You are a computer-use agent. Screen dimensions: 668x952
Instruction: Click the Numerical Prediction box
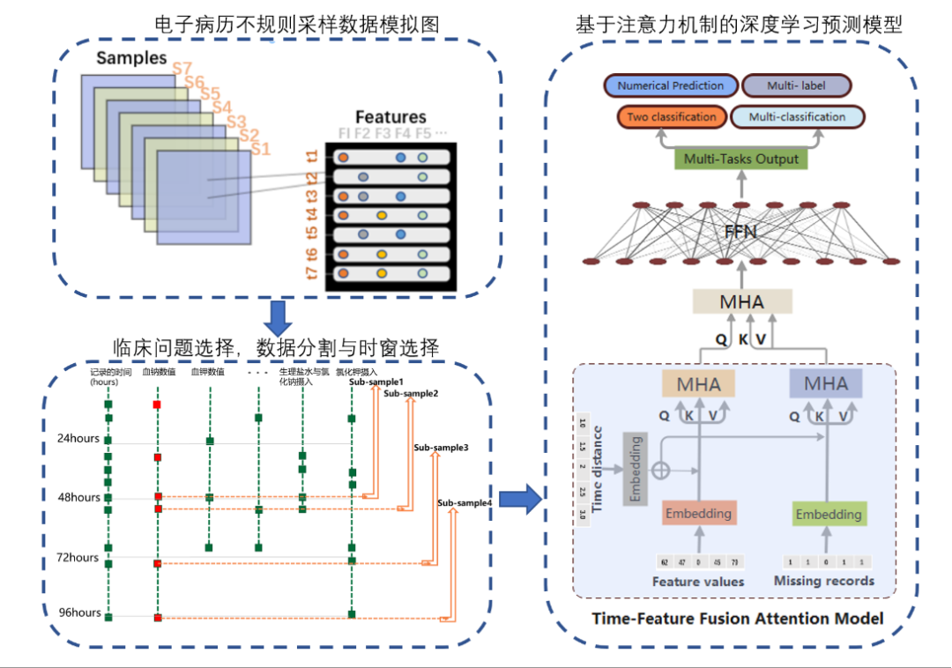[x=671, y=86]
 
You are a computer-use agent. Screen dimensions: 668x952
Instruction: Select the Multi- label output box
[x=797, y=86]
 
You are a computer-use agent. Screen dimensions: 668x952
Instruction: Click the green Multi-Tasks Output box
[x=740, y=160]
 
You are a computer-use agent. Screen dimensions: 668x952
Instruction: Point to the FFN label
[x=740, y=233]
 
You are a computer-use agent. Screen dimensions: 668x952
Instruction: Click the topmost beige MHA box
[x=741, y=302]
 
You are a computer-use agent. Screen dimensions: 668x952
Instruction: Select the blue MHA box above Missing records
[x=826, y=383]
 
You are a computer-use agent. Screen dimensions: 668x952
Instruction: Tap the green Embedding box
[x=829, y=515]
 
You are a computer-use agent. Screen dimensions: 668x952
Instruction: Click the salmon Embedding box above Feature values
[x=698, y=513]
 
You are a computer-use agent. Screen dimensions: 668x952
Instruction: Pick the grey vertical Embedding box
[x=634, y=469]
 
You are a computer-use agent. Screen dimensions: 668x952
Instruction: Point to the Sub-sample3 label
[x=441, y=448]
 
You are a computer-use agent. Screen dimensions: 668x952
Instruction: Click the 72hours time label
[x=78, y=558]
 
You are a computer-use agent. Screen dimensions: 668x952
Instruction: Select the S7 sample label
[x=182, y=68]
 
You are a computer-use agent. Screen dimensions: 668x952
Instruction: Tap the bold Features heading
[x=390, y=117]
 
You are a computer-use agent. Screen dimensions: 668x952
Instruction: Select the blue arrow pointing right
[x=519, y=499]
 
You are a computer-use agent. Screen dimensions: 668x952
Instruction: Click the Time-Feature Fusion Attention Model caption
[x=737, y=619]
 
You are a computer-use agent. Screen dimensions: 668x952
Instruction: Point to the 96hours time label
[x=78, y=613]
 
